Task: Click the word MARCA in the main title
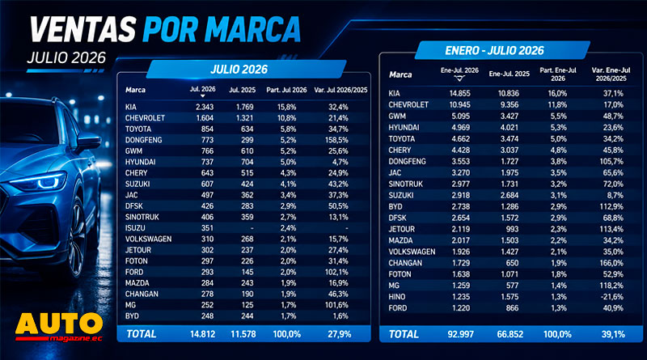click(252, 29)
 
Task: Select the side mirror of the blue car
click(88, 142)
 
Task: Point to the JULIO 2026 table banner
click(246, 69)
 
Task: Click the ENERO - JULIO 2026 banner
click(502, 50)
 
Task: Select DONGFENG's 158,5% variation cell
click(336, 140)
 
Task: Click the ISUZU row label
click(135, 228)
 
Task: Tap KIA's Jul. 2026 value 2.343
click(205, 107)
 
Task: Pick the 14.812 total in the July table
click(203, 334)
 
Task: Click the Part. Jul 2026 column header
click(286, 90)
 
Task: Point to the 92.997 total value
click(460, 334)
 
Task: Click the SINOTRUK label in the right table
click(406, 184)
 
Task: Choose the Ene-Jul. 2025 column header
click(510, 74)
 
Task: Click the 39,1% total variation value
click(613, 334)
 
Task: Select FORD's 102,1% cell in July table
click(336, 272)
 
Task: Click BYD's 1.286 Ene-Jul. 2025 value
click(510, 206)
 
